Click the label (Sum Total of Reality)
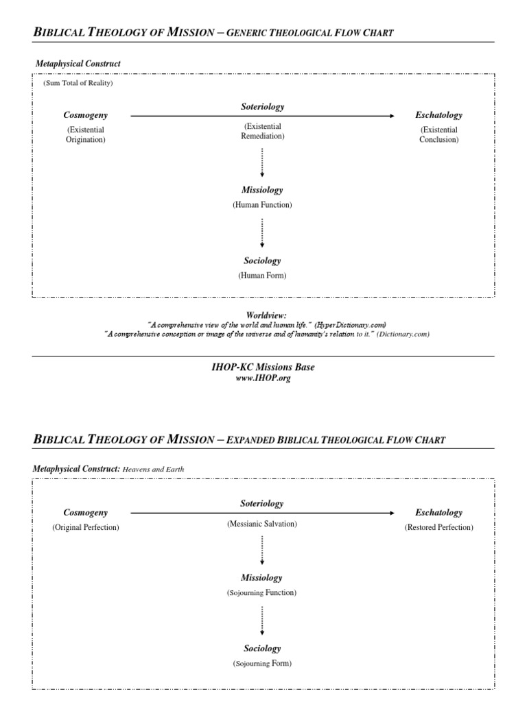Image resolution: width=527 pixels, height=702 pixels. click(78, 83)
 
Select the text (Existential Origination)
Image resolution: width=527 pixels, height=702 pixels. click(86, 134)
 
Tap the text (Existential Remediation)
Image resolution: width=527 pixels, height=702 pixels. click(262, 131)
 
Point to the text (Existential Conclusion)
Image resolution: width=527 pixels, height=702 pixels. click(438, 134)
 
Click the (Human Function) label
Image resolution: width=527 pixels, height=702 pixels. click(262, 205)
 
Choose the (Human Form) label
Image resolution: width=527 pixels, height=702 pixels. click(262, 276)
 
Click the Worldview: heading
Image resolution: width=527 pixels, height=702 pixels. click(261, 314)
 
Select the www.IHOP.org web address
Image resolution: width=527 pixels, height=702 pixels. click(263, 378)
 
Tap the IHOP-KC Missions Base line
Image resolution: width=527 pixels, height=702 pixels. click(263, 367)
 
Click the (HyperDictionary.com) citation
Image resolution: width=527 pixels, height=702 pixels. click(351, 324)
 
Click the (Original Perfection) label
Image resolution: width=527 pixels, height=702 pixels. click(86, 527)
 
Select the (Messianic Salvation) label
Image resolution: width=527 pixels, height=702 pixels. click(262, 524)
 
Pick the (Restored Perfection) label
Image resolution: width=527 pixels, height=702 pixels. click(438, 527)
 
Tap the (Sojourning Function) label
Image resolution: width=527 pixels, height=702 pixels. click(262, 592)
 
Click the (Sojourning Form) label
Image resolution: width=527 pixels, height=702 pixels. click(262, 664)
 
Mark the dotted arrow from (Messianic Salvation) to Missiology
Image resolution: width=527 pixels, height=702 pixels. click(262, 550)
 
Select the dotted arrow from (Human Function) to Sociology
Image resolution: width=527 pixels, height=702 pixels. click(262, 233)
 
